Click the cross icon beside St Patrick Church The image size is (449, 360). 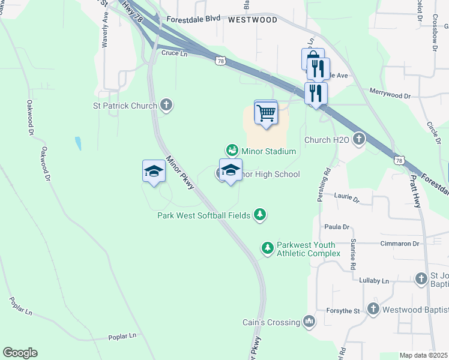[x=167, y=106]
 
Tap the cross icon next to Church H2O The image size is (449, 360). [x=359, y=140]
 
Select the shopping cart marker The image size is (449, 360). [x=265, y=112]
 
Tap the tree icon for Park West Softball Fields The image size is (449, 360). [x=259, y=214]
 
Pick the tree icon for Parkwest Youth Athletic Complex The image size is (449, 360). [x=267, y=247]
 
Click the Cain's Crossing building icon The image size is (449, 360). [x=309, y=322]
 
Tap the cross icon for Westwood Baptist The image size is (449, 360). [x=372, y=310]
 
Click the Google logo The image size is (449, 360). [x=20, y=353]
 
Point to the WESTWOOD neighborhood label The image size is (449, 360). [x=253, y=20]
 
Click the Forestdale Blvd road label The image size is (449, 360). [x=194, y=19]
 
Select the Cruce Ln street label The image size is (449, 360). [x=175, y=53]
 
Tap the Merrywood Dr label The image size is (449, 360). [x=390, y=95]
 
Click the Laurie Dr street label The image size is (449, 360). [x=346, y=197]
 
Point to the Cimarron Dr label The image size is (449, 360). [x=399, y=244]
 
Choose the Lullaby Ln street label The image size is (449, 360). [x=375, y=281]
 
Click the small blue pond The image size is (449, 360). [x=78, y=143]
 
